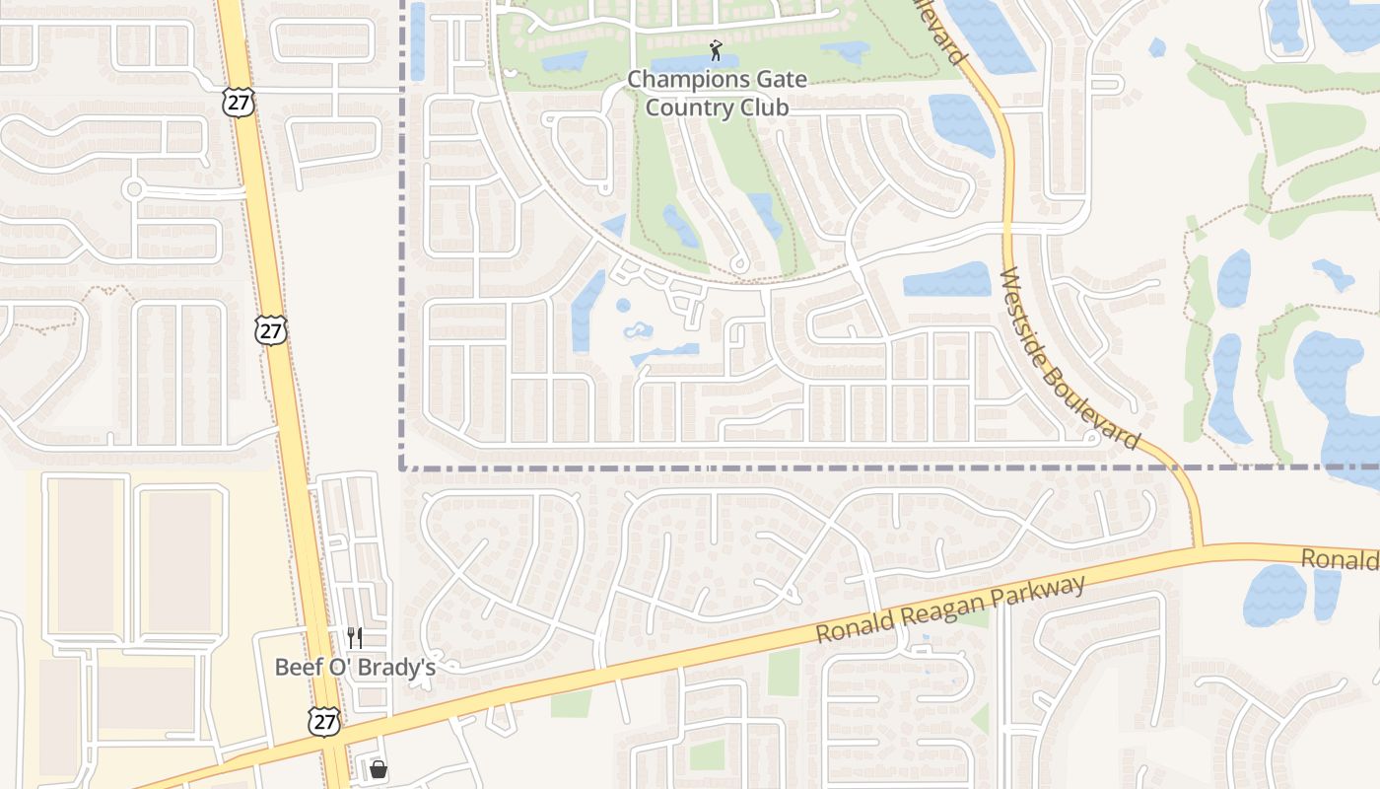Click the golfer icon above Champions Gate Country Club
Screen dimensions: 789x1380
(717, 49)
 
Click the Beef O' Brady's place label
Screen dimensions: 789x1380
(355, 668)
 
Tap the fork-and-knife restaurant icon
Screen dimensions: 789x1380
(355, 638)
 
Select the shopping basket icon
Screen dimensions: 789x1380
(378, 768)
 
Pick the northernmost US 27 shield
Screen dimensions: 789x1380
(238, 101)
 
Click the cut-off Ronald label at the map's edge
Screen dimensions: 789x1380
(1341, 560)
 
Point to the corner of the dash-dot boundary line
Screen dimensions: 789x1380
(402, 467)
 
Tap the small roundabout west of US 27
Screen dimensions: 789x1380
(133, 188)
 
